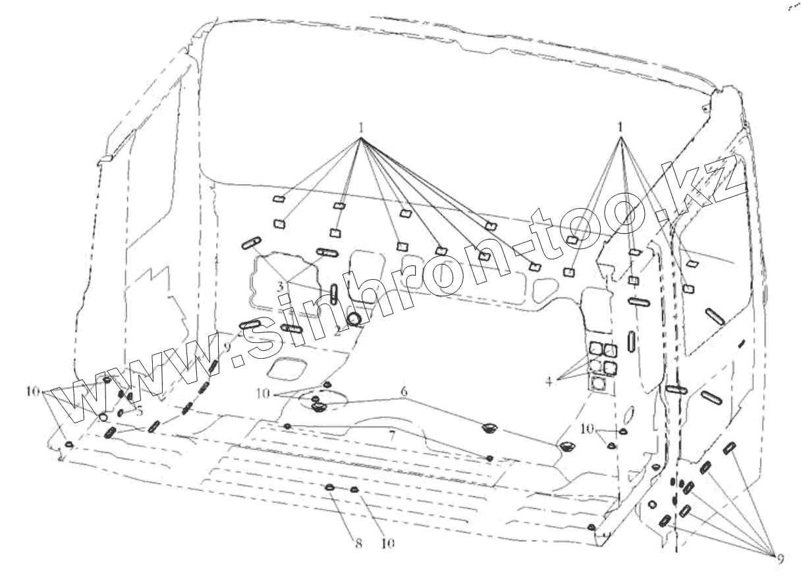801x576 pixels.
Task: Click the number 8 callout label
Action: tap(358, 544)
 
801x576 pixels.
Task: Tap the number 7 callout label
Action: tap(391, 435)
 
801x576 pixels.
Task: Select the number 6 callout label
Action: tap(404, 392)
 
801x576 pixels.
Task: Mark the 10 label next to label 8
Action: tap(388, 544)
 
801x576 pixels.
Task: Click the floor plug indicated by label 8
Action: tap(329, 488)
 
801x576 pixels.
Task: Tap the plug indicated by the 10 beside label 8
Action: tap(354, 489)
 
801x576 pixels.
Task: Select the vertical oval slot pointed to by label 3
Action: tap(334, 293)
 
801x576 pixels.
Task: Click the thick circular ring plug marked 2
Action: tap(356, 319)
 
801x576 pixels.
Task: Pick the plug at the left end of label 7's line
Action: tap(288, 427)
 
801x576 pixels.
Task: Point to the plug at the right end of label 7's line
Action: tap(489, 458)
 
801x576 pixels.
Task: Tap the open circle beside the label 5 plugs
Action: tap(103, 417)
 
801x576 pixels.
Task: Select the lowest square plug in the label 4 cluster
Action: tap(597, 383)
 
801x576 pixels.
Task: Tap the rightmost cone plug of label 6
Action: tap(566, 448)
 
